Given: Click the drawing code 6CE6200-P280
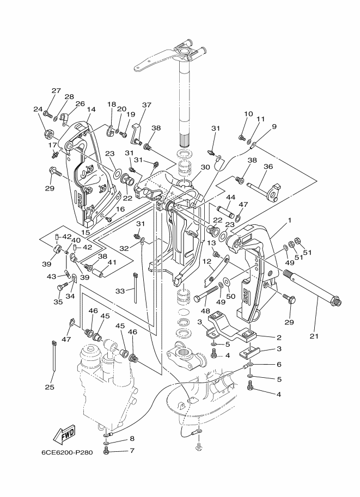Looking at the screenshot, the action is (x=67, y=452).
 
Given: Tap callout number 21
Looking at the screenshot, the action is (x=314, y=336).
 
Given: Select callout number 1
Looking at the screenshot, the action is (x=289, y=220).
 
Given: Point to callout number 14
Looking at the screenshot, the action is (x=91, y=109).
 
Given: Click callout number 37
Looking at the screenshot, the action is (x=147, y=105).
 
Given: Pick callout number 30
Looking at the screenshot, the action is (x=205, y=167).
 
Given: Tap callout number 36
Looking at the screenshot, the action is (x=269, y=167).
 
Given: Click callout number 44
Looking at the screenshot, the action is (x=230, y=198).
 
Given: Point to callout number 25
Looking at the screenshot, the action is (x=50, y=387).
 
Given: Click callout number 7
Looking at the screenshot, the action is (x=132, y=450).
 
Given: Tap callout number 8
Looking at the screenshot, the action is (x=132, y=439).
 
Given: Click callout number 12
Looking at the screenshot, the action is (x=207, y=261).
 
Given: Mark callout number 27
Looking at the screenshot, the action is (x=56, y=91).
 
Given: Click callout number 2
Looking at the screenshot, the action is (x=279, y=338).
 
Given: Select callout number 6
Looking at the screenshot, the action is (x=279, y=364).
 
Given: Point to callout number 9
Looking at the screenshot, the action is (x=274, y=127).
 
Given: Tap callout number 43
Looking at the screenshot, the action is (x=51, y=277).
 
